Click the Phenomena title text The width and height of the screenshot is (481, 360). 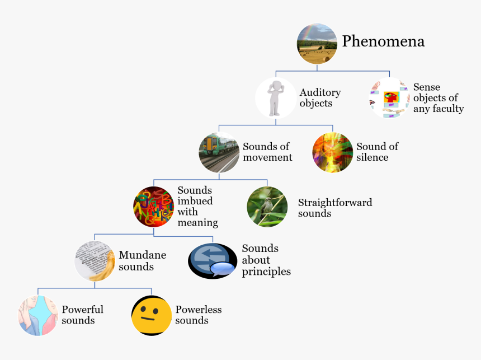click(x=383, y=41)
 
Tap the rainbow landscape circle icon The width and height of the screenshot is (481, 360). click(x=317, y=44)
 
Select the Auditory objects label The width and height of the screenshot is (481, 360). click(x=320, y=98)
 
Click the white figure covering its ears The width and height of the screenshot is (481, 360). click(x=275, y=98)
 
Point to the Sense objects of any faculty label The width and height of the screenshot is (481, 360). click(x=438, y=98)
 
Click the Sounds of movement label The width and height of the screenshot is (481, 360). click(x=267, y=152)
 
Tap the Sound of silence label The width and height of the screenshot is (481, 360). click(x=378, y=152)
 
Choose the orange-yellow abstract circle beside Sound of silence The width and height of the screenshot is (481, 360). click(x=333, y=152)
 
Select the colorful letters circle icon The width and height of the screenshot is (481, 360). click(x=154, y=207)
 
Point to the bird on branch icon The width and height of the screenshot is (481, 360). click(x=267, y=207)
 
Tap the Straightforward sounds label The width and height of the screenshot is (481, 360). click(x=335, y=208)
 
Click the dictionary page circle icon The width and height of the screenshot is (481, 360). click(x=95, y=261)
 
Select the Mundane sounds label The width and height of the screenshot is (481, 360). click(x=142, y=261)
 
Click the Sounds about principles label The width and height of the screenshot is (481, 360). click(x=266, y=260)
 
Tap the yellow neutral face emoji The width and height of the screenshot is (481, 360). click(x=152, y=315)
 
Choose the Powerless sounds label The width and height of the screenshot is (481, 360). click(x=199, y=315)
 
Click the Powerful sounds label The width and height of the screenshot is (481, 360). click(x=82, y=315)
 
